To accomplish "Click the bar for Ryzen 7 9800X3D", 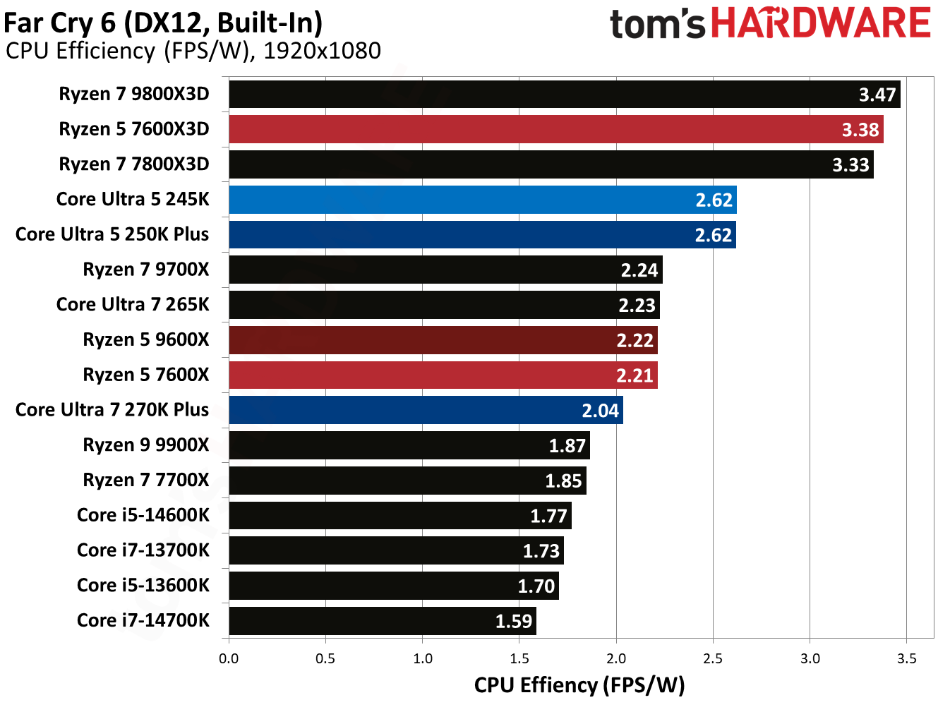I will (x=565, y=94).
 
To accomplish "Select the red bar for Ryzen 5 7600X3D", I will (x=556, y=129).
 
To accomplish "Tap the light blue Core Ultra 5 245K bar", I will (x=483, y=200).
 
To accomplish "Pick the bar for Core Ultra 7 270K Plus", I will (x=426, y=410).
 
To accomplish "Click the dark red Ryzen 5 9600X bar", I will (x=443, y=340).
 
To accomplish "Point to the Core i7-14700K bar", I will (x=383, y=621).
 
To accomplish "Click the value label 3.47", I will (x=877, y=95).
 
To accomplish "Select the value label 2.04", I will (x=600, y=411).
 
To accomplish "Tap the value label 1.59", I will (x=513, y=621).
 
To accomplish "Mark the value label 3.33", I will (x=850, y=165).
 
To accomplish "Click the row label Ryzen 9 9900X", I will (x=146, y=445).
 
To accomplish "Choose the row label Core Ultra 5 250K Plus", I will (x=112, y=234).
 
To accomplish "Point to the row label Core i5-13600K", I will (x=143, y=586).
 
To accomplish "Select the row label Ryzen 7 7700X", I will (x=146, y=481).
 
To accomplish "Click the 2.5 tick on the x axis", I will (x=713, y=658).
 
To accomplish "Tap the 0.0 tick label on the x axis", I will (x=229, y=658).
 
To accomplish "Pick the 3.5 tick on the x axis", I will (x=906, y=658).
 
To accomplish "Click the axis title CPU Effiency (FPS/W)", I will (x=579, y=685).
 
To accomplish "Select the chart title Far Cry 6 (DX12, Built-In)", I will (x=163, y=23).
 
